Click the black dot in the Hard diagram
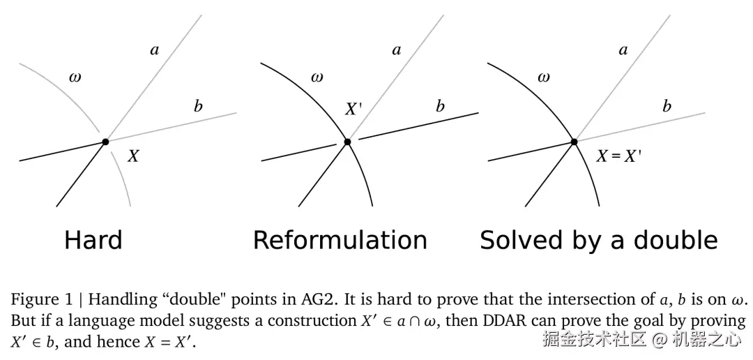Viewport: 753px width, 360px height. pyautogui.click(x=105, y=142)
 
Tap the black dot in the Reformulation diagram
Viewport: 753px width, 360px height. pyautogui.click(x=347, y=142)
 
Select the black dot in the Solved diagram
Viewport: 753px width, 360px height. pyautogui.click(x=574, y=142)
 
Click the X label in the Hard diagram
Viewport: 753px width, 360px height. pyautogui.click(x=132, y=156)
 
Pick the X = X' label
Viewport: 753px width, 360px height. pyautogui.click(x=618, y=156)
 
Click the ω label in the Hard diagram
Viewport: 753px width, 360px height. pyautogui.click(x=75, y=77)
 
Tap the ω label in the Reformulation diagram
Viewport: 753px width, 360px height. pyautogui.click(x=317, y=77)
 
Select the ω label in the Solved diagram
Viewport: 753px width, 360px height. pyautogui.click(x=543, y=77)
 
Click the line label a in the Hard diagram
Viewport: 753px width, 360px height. pyautogui.click(x=155, y=50)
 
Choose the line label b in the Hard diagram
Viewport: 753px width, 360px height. pyautogui.click(x=198, y=107)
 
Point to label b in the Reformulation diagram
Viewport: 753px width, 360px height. pyautogui.click(x=440, y=107)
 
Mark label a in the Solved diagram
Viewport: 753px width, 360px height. pyautogui.click(x=623, y=50)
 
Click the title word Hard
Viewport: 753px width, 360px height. pyautogui.click(x=93, y=240)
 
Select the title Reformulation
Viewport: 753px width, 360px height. pyautogui.click(x=340, y=240)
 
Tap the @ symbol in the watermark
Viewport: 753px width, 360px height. pyautogui.click(x=659, y=340)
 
